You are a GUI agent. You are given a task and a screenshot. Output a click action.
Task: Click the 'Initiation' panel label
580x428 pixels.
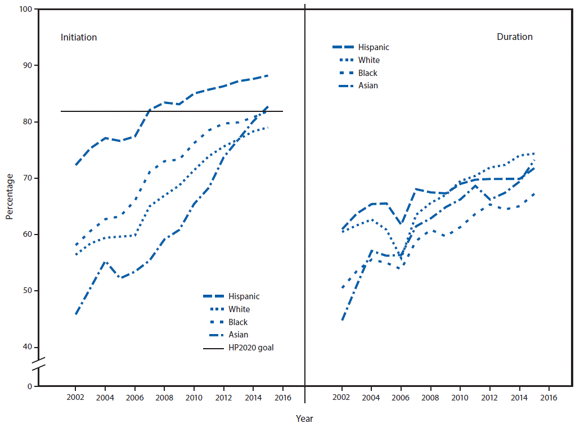(x=79, y=38)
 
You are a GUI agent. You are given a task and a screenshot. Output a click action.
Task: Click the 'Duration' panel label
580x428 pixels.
(x=514, y=37)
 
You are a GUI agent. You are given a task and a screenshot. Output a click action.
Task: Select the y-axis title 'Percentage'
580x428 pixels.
(x=10, y=196)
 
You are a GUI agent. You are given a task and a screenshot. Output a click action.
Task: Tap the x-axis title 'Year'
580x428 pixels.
(x=304, y=418)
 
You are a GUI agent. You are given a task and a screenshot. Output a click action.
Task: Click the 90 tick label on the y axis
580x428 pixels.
(x=26, y=66)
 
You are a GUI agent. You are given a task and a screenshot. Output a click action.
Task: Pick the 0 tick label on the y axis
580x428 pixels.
(x=29, y=387)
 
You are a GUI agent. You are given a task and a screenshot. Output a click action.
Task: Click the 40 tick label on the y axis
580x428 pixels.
(x=26, y=347)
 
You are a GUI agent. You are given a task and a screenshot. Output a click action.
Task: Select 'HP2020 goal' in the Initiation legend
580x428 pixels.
(x=251, y=348)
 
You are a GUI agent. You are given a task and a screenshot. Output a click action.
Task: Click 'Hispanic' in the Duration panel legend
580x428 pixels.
(x=374, y=48)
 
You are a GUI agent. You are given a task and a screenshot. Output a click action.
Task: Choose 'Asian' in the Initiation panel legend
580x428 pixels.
(x=239, y=335)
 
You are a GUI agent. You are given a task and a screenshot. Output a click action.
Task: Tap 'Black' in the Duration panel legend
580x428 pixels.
(x=367, y=73)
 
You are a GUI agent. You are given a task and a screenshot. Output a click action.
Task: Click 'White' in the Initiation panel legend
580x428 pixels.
(x=239, y=309)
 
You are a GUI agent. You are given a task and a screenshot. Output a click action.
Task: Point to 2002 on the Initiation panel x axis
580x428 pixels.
(x=75, y=398)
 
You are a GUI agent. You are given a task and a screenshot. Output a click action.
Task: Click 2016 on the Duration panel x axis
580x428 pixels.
(x=548, y=398)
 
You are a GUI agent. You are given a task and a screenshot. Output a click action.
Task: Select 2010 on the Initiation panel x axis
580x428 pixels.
(x=194, y=398)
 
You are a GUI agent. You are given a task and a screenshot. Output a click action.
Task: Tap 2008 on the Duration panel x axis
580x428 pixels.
(x=430, y=398)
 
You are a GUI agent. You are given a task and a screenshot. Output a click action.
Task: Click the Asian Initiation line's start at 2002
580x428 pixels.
(x=75, y=314)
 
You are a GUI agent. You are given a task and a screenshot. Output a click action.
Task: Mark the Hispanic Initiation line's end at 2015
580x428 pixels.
(x=268, y=75)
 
